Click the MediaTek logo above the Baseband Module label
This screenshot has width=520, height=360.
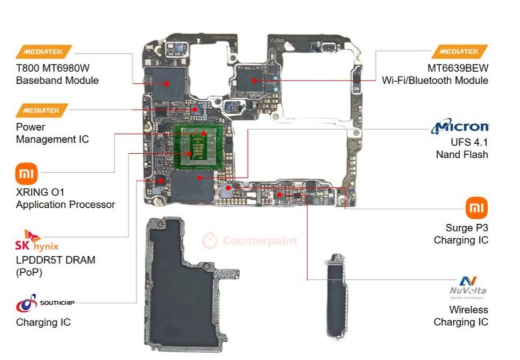pyautogui.click(x=43, y=51)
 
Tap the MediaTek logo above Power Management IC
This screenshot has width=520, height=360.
pyautogui.click(x=43, y=109)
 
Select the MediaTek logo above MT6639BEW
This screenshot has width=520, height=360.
pyautogui.click(x=459, y=51)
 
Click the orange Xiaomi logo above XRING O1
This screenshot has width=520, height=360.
pyautogui.click(x=25, y=175)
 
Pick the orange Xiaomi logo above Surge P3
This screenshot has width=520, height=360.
pyautogui.click(x=475, y=207)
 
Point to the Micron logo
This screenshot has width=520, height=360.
pyautogui.click(x=461, y=127)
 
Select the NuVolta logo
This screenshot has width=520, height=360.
pyautogui.click(x=469, y=287)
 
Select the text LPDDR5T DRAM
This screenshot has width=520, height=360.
pyautogui.click(x=55, y=260)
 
